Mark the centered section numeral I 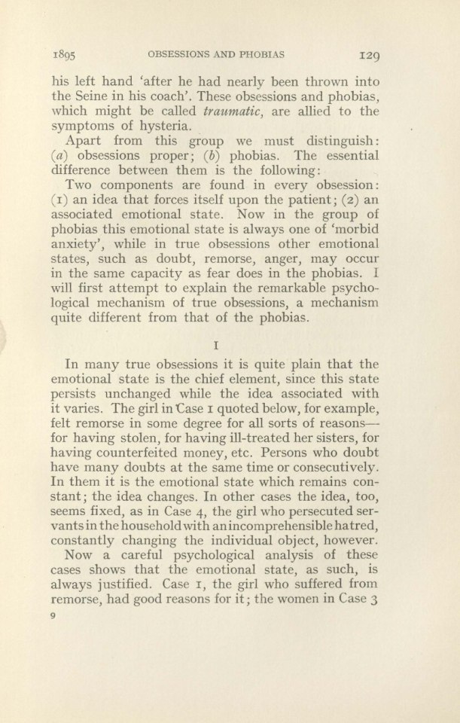pyautogui.click(x=215, y=347)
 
